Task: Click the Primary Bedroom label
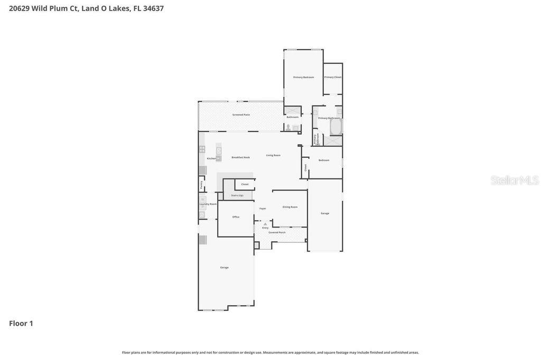click(x=304, y=77)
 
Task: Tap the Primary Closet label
click(x=333, y=77)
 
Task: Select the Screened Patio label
click(x=241, y=115)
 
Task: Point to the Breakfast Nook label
click(x=240, y=157)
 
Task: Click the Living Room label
click(x=273, y=155)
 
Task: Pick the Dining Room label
click(x=290, y=207)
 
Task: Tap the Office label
click(x=236, y=217)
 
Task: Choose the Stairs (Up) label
click(x=237, y=195)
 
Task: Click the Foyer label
click(x=263, y=209)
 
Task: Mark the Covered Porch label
click(x=277, y=232)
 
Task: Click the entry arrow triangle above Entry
click(x=265, y=224)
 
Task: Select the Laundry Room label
click(x=208, y=204)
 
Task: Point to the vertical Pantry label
click(x=201, y=185)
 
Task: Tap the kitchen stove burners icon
click(x=202, y=149)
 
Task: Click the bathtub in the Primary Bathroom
click(x=336, y=127)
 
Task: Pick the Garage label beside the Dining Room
click(x=325, y=213)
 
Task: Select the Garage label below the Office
click(x=225, y=268)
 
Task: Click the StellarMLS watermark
click(x=515, y=181)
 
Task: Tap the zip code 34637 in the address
click(x=153, y=8)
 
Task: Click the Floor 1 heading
click(x=21, y=324)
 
